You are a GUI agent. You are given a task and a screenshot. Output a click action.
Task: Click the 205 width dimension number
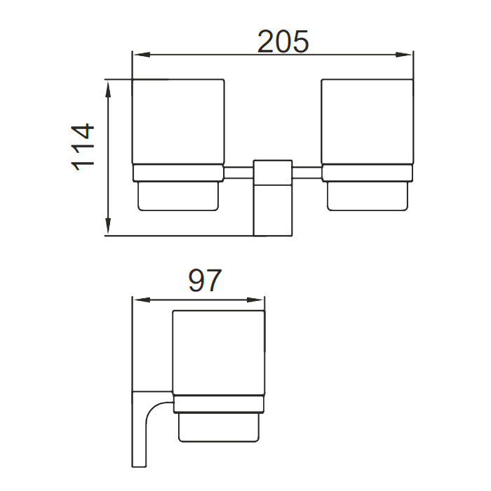coord(283,42)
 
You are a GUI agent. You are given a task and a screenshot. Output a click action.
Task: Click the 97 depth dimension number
coord(205,281)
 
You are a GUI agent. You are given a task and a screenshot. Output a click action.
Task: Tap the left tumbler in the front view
coord(178,123)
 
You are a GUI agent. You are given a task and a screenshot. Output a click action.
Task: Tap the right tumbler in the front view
coord(366,123)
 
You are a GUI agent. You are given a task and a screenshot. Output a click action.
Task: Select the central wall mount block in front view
coord(272,198)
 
